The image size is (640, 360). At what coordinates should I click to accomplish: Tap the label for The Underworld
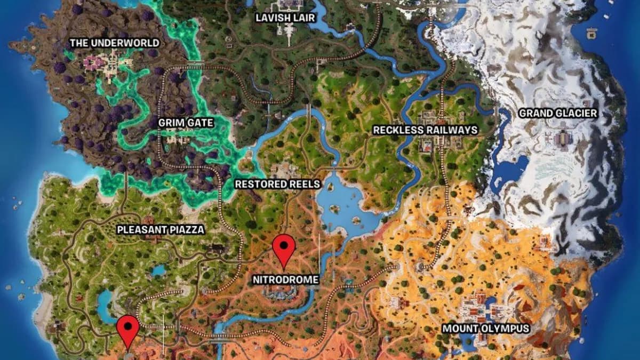(x=115, y=43)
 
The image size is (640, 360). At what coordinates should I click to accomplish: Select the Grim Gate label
(x=186, y=123)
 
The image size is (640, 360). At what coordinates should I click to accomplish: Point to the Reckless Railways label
(x=425, y=130)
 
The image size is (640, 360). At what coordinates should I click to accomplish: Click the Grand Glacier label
(x=558, y=113)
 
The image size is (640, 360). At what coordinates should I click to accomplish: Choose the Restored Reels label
(x=278, y=185)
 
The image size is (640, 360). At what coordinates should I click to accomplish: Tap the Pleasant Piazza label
(x=161, y=230)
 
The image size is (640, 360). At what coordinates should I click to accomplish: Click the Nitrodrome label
(x=286, y=279)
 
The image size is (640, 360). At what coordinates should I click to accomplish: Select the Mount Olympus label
(x=486, y=329)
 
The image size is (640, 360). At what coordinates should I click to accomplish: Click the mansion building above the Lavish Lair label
(x=287, y=6)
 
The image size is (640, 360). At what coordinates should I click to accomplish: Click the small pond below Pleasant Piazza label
(x=158, y=270)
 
